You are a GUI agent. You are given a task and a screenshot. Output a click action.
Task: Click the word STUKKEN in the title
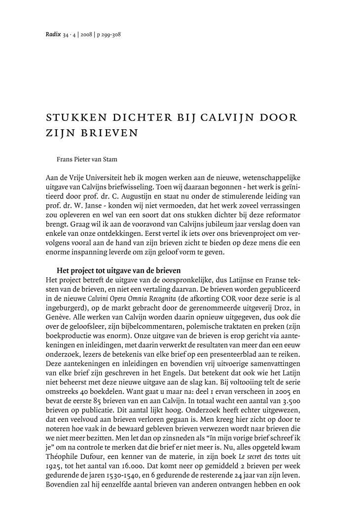click(x=75, y=119)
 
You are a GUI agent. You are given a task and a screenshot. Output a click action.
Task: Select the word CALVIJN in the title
click(x=221, y=119)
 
